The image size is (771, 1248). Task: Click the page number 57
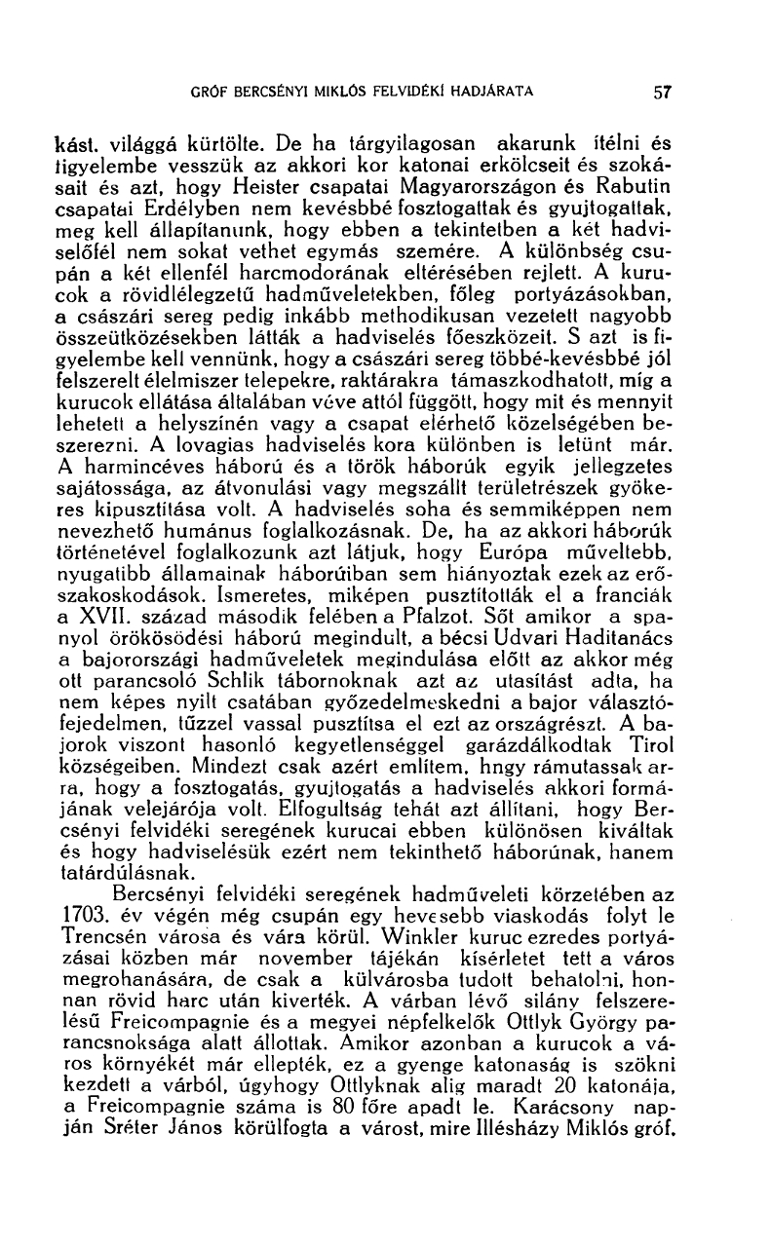point(663,94)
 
